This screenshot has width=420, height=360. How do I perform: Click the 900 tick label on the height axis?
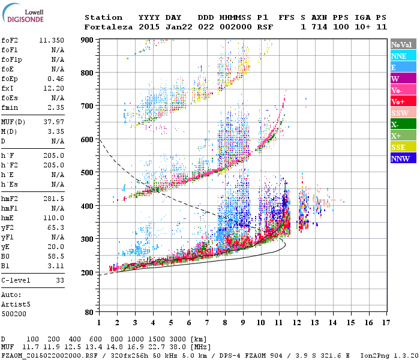88,40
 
